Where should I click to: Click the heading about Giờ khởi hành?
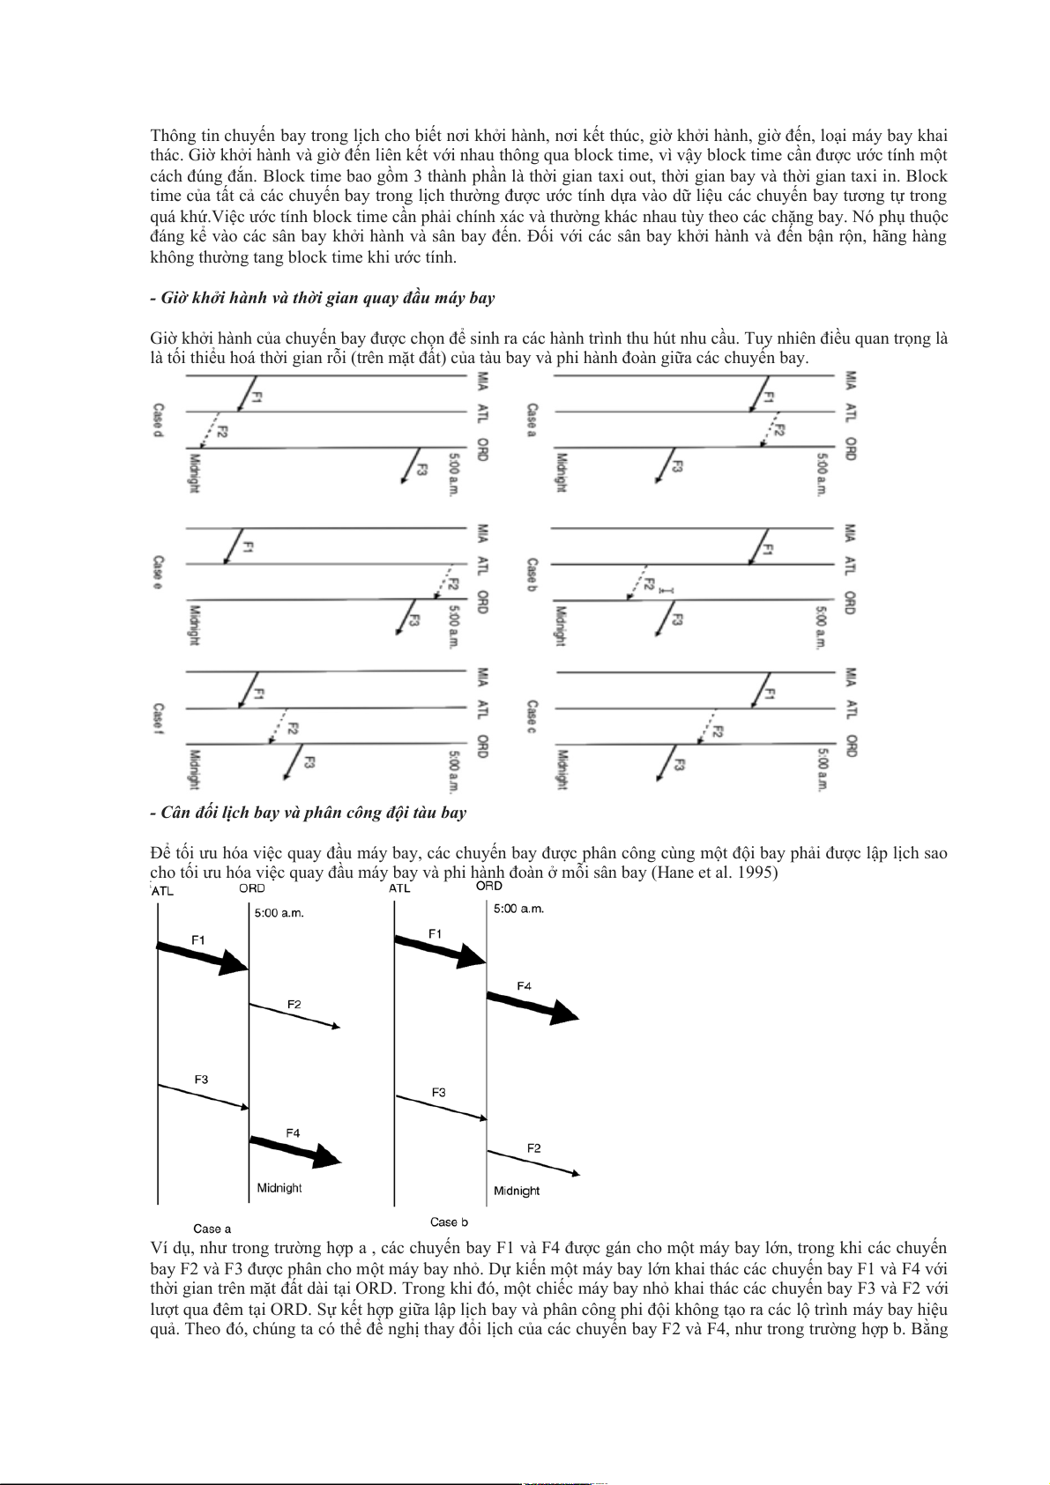click(x=323, y=298)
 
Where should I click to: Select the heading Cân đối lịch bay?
click(x=309, y=813)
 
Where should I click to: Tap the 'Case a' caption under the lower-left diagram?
click(x=212, y=1229)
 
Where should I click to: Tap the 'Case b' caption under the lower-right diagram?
click(x=449, y=1222)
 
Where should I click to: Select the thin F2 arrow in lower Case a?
click(x=294, y=1016)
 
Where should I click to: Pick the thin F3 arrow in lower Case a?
click(x=203, y=1096)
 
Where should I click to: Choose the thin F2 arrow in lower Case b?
click(x=532, y=1162)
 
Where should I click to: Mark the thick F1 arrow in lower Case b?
click(x=440, y=952)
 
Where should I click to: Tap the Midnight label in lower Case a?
click(x=279, y=1188)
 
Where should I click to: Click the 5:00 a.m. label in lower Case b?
click(x=518, y=909)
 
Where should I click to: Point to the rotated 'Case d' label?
click(x=159, y=422)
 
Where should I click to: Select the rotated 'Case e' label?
click(x=159, y=573)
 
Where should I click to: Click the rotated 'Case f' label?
click(x=159, y=720)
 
